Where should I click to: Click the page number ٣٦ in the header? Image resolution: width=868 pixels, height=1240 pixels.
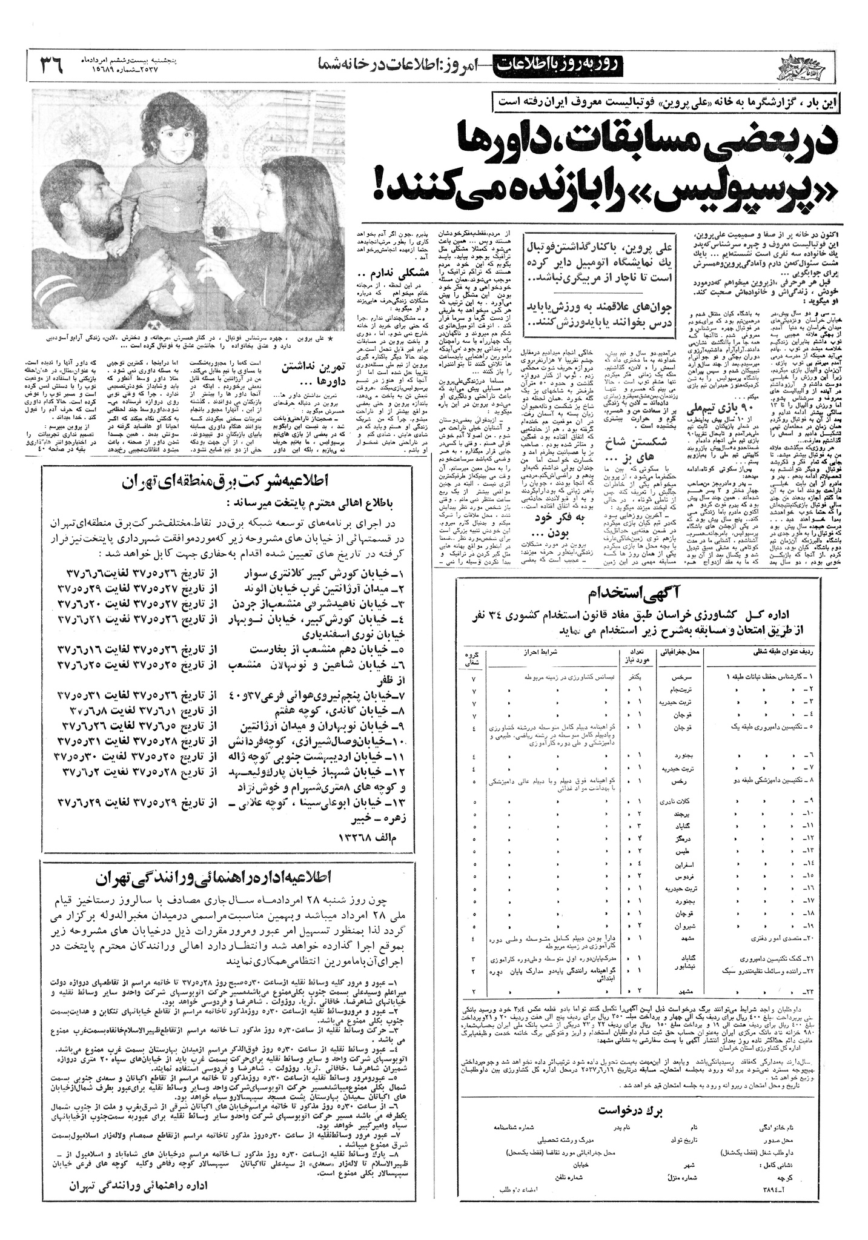coord(51,64)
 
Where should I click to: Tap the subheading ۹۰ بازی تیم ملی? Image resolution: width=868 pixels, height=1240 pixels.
coord(714,411)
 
